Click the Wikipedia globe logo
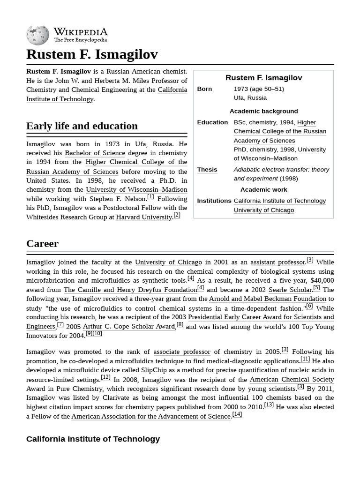[37, 36]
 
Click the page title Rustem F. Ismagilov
[92, 54]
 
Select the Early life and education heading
[82, 126]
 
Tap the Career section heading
[42, 243]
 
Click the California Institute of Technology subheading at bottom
[93, 439]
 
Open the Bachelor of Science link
[95, 153]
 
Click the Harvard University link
[144, 217]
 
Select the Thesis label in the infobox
[207, 169]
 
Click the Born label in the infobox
[204, 89]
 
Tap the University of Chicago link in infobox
[263, 210]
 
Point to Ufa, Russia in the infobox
[250, 97]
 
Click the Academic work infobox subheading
[263, 189]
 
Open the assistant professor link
[277, 262]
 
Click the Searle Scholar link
[290, 290]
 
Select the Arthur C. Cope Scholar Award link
[129, 326]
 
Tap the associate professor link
[181, 352]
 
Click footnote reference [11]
[305, 360]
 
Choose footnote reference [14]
[237, 414]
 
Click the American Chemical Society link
[292, 379]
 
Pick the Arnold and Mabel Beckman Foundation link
[267, 299]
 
